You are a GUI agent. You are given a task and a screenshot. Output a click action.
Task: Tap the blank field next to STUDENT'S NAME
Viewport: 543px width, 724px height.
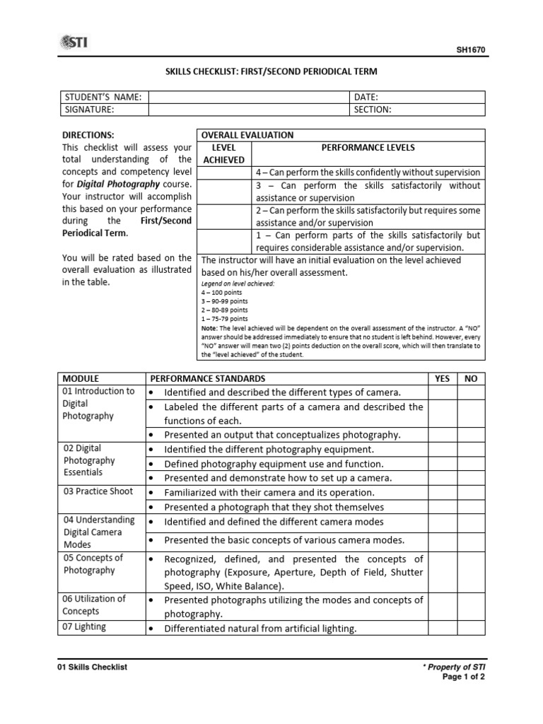coord(248,97)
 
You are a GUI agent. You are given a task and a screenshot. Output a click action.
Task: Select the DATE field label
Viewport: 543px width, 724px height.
coord(367,97)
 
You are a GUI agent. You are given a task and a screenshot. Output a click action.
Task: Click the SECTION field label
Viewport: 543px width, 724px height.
coord(373,110)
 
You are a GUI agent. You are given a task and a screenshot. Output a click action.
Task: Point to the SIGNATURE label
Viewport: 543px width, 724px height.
coord(89,110)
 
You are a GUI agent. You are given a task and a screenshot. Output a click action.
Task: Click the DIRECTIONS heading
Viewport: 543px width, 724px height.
coord(88,135)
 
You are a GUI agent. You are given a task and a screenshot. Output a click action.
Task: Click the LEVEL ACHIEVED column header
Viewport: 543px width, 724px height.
coord(223,153)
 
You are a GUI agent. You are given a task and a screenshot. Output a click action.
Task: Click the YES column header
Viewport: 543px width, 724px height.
coord(442,378)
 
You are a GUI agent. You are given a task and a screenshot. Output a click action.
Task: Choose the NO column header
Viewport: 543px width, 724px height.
coord(471,378)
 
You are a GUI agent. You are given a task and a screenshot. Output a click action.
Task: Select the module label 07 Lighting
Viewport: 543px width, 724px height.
coord(84,626)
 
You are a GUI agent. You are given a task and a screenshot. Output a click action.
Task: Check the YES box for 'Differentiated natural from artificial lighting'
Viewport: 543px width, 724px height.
coord(442,628)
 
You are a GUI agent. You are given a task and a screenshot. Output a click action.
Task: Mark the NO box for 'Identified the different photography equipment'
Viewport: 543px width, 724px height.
coord(471,449)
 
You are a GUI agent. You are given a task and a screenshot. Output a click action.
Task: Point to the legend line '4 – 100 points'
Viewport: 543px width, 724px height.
coord(225,291)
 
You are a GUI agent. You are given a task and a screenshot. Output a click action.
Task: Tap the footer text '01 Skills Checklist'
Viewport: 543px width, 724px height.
coord(92,667)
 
